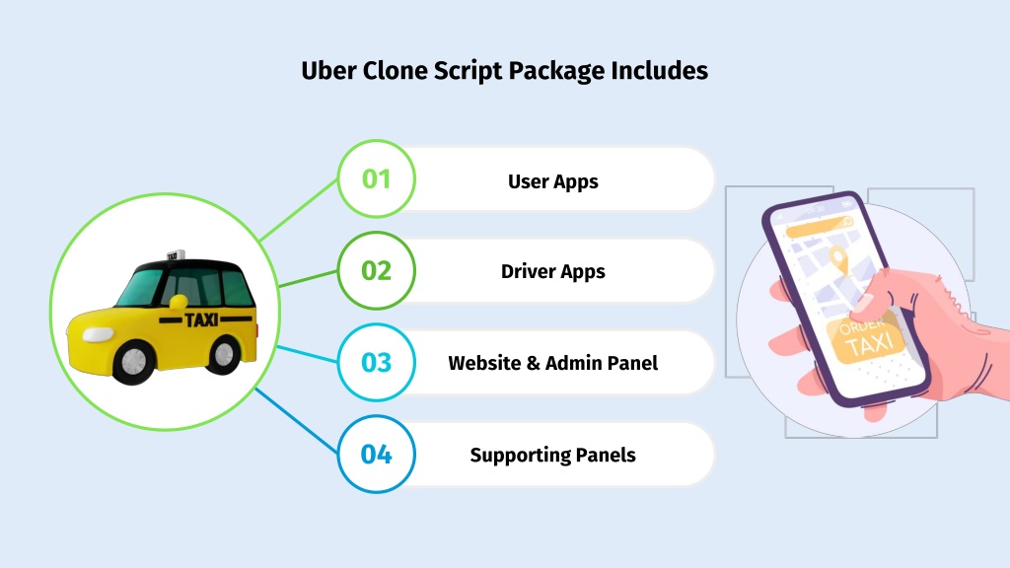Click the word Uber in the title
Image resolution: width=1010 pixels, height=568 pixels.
(328, 70)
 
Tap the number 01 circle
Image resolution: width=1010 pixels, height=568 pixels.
(376, 178)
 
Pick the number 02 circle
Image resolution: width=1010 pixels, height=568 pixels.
(376, 270)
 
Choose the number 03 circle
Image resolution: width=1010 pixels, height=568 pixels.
(376, 363)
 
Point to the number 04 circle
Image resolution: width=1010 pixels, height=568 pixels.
(376, 455)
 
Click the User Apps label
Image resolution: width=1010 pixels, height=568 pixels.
(552, 182)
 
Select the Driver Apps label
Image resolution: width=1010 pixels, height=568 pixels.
(552, 272)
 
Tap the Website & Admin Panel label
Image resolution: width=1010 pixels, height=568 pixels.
(552, 363)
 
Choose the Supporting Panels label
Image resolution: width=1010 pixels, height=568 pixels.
(552, 456)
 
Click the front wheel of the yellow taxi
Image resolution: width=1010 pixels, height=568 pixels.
(134, 362)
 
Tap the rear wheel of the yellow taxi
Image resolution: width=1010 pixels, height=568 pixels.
(224, 355)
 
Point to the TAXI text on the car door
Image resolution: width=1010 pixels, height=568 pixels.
(201, 319)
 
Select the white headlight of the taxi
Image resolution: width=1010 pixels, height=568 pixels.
(98, 334)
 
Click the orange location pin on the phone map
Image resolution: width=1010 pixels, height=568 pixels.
(838, 259)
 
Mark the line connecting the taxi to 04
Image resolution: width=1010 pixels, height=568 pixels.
(296, 421)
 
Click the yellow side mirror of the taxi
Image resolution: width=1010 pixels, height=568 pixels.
(179, 302)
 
